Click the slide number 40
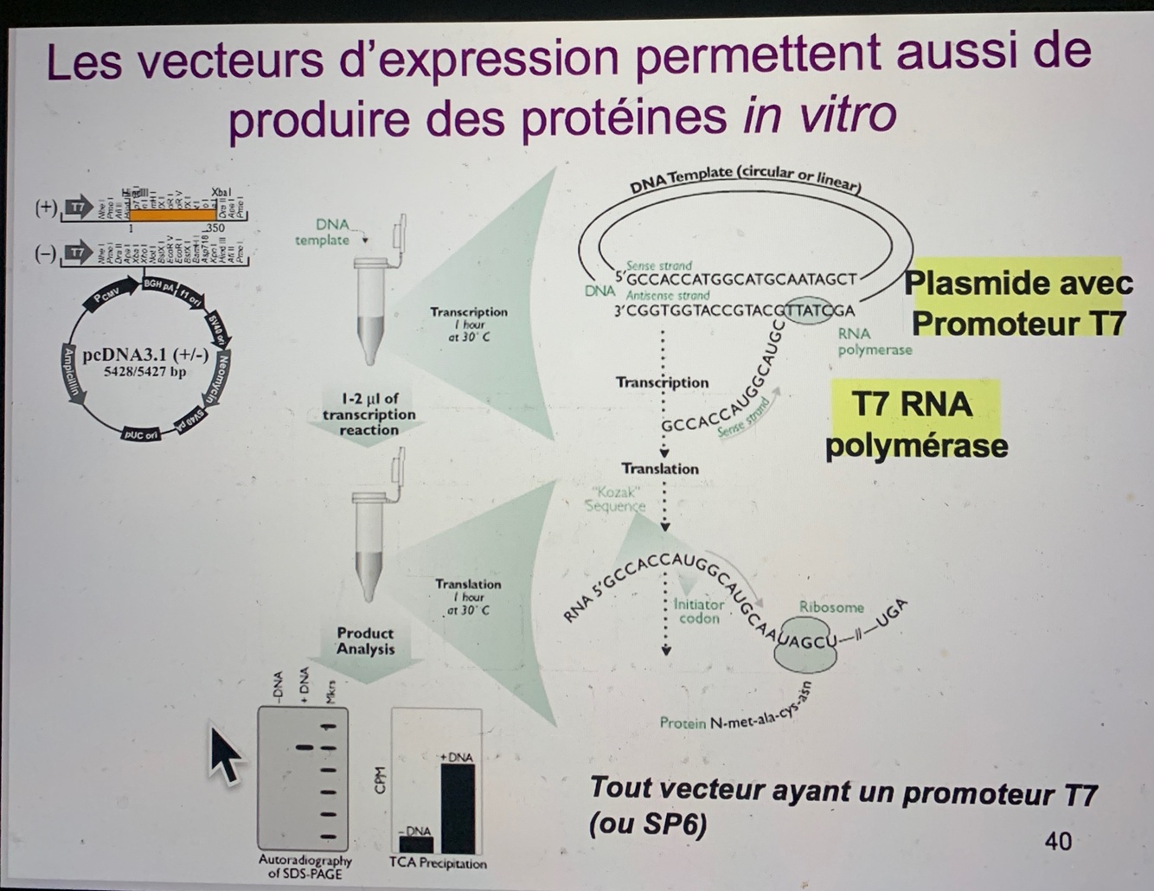1058,840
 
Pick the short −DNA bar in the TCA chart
416,843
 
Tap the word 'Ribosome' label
830,607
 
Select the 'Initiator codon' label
698,612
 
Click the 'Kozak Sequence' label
614,498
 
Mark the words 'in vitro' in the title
818,114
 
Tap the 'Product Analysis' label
365,641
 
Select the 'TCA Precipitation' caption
437,863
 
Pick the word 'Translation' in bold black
659,468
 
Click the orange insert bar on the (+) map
165,212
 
